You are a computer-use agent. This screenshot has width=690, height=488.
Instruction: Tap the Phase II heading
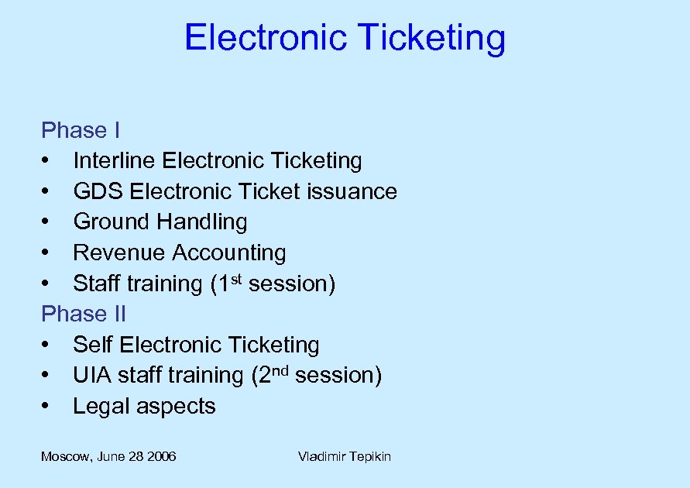tap(84, 314)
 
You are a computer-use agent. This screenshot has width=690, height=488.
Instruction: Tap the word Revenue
tap(119, 253)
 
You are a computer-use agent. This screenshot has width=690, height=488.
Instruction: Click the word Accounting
tap(229, 253)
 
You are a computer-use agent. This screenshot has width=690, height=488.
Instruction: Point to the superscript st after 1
tap(235, 277)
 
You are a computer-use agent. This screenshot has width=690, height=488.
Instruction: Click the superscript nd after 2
tap(280, 369)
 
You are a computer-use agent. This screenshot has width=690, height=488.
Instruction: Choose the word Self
tap(94, 345)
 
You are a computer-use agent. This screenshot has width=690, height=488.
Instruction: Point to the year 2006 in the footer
tap(161, 456)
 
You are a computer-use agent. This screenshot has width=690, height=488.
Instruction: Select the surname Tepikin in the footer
tap(368, 457)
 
